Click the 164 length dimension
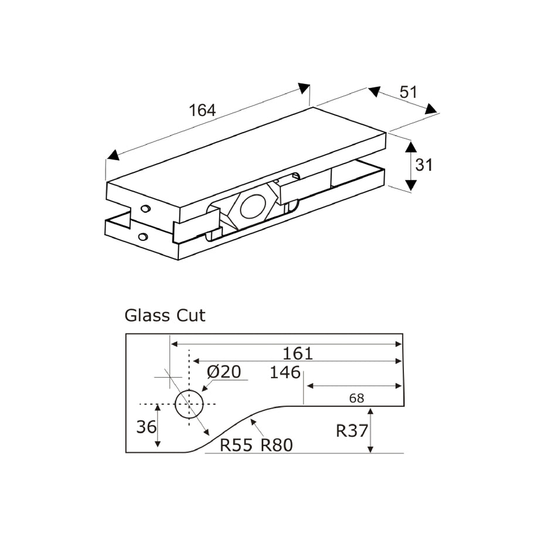(x=202, y=110)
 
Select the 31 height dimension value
(x=423, y=165)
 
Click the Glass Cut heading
(x=165, y=315)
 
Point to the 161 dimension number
(x=298, y=354)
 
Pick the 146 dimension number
(x=285, y=372)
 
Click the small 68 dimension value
(x=356, y=398)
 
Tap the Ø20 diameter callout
(x=224, y=372)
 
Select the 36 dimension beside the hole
(x=146, y=427)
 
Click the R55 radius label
(x=236, y=446)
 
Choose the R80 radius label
(x=276, y=446)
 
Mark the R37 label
(x=351, y=431)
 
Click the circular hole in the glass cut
(x=189, y=404)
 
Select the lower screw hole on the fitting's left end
(x=142, y=237)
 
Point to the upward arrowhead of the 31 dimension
(x=410, y=147)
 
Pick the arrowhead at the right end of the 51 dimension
(x=432, y=109)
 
